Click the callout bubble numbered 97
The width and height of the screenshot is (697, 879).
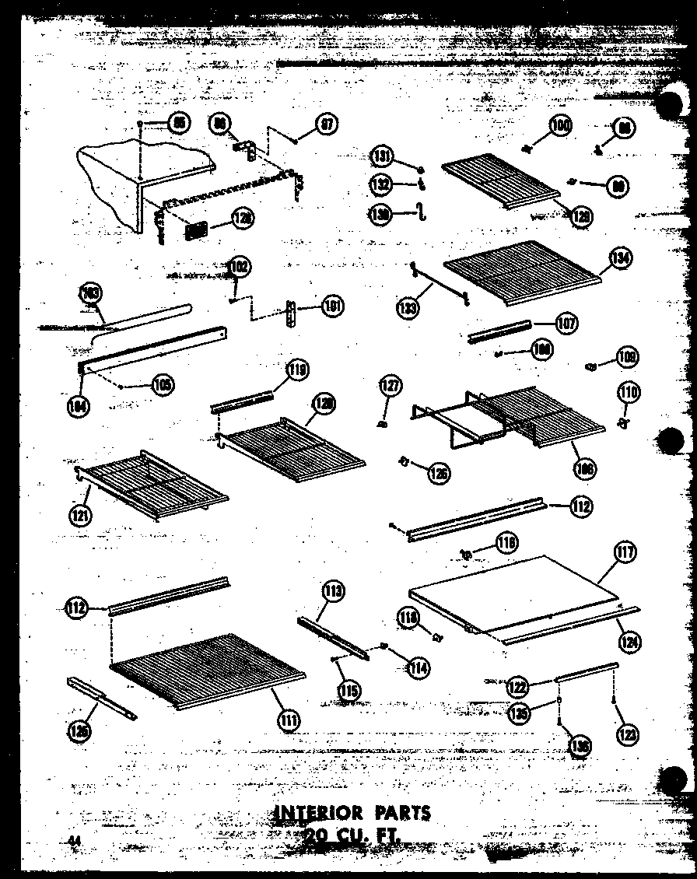327,124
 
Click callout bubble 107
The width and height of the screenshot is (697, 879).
566,323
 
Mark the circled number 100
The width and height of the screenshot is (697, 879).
560,124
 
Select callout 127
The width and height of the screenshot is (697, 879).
389,385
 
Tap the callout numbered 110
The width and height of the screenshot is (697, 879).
629,392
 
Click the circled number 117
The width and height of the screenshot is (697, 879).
625,554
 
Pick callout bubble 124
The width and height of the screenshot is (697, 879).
629,641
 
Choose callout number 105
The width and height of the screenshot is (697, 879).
163,384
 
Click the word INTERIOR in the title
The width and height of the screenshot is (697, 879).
320,814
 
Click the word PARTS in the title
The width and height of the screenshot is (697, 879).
401,814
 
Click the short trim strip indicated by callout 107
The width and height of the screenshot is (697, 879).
498,332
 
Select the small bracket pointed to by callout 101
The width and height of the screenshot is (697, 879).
292,314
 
